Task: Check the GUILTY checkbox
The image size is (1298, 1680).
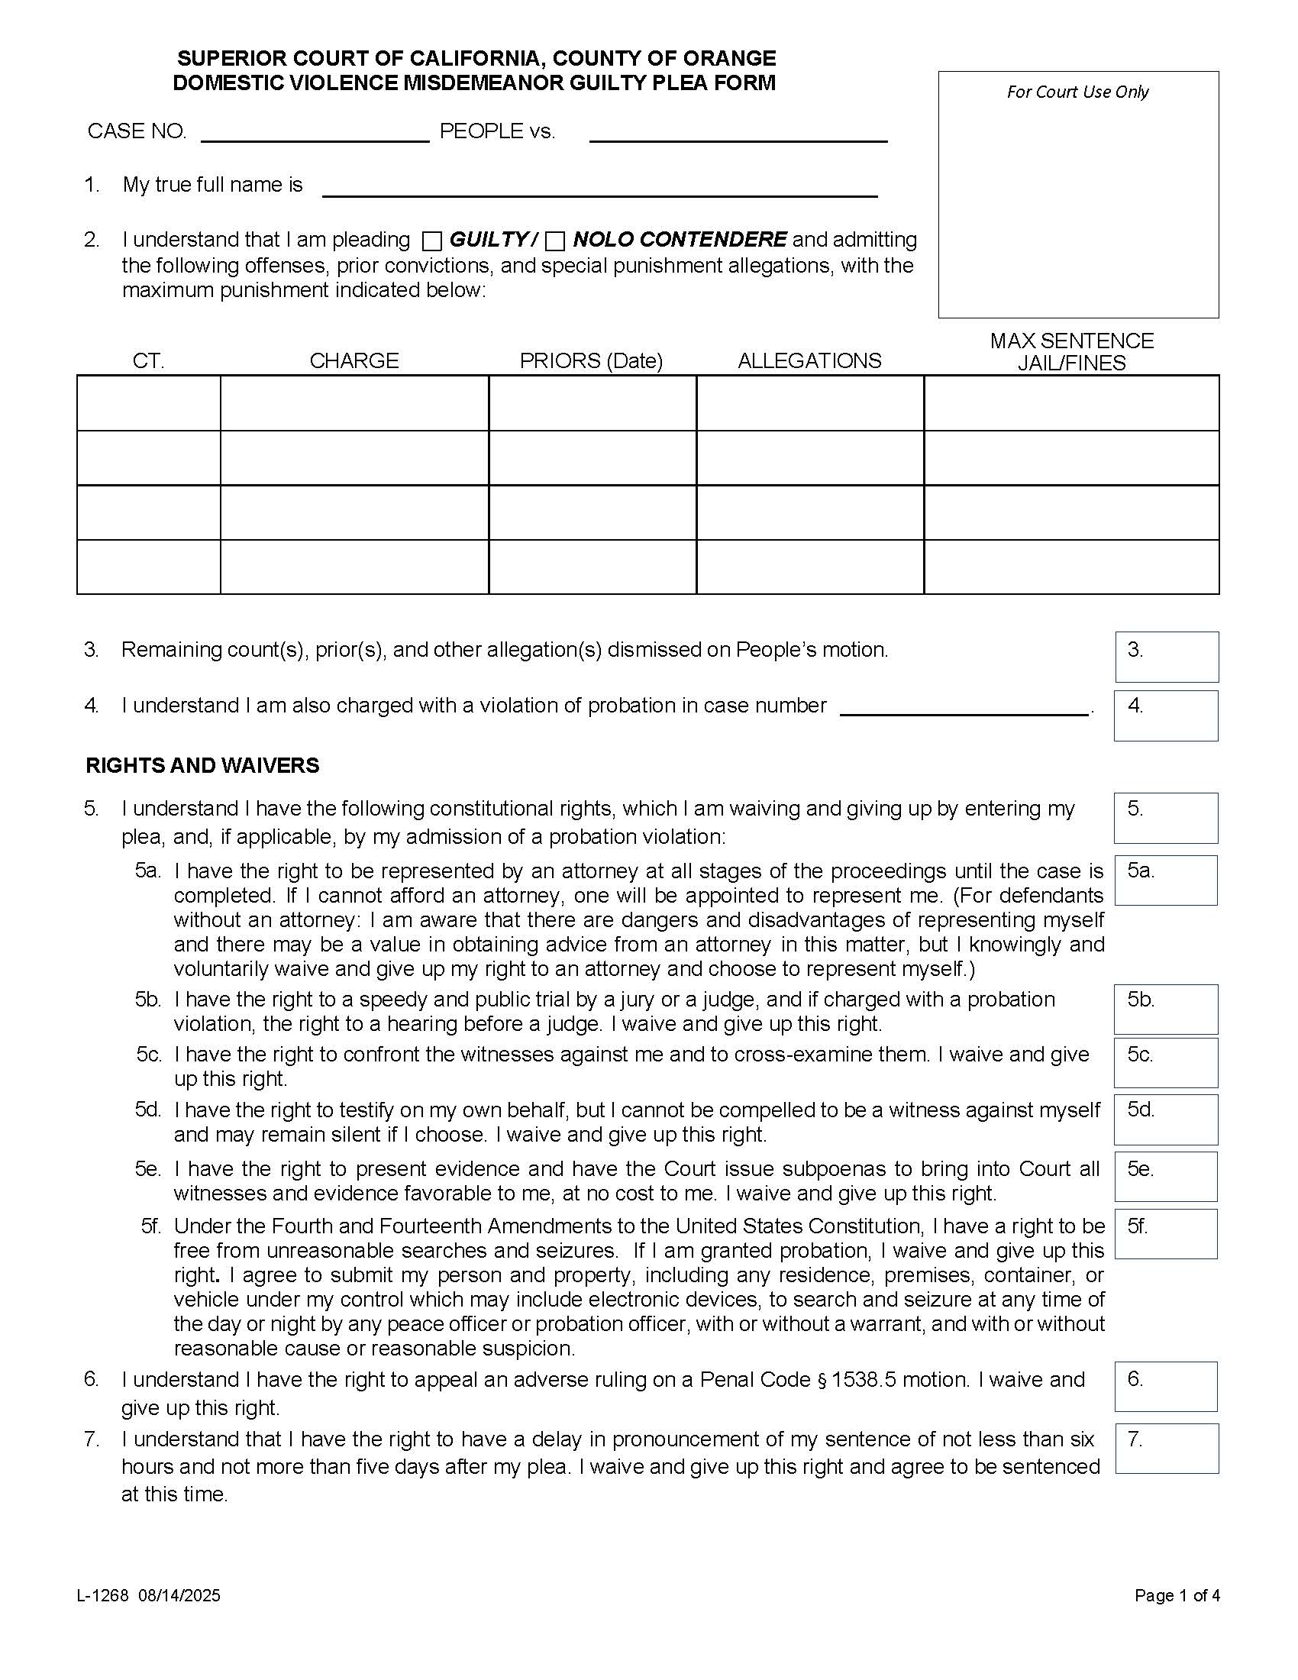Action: pyautogui.click(x=433, y=241)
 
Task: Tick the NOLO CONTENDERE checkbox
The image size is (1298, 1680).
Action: pyautogui.click(x=555, y=241)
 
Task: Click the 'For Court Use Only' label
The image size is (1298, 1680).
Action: pyautogui.click(x=1077, y=92)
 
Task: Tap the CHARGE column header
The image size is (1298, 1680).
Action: pyautogui.click(x=354, y=360)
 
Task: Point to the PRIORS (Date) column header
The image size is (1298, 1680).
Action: pyautogui.click(x=590, y=360)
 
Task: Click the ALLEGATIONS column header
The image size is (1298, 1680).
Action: pyautogui.click(x=809, y=360)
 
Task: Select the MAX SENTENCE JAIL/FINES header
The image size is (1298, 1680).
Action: pyautogui.click(x=1071, y=351)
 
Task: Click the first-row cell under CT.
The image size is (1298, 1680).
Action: pyautogui.click(x=148, y=403)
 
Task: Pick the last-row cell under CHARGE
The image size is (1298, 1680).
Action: pyautogui.click(x=354, y=567)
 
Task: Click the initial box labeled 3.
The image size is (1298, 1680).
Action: pyautogui.click(x=1167, y=657)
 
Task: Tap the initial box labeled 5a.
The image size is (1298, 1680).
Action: pyautogui.click(x=1166, y=880)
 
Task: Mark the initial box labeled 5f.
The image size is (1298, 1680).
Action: pyautogui.click(x=1166, y=1235)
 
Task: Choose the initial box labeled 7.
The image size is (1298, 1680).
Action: pyautogui.click(x=1167, y=1449)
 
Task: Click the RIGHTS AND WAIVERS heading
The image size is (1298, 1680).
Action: pyautogui.click(x=202, y=765)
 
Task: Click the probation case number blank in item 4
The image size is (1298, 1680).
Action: pyautogui.click(x=964, y=707)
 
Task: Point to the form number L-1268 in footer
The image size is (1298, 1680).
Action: pyautogui.click(x=102, y=1596)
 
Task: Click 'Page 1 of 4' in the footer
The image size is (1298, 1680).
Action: pyautogui.click(x=1177, y=1596)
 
